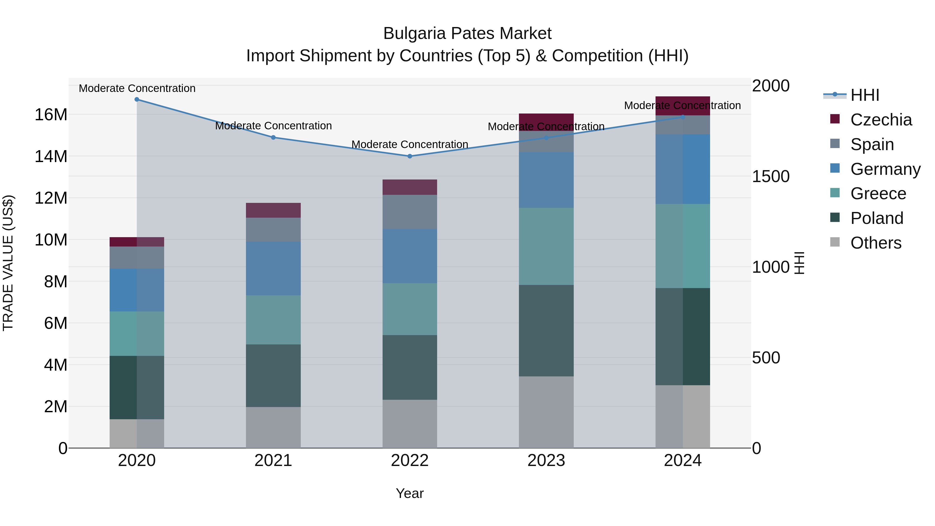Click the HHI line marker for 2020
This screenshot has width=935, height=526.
(x=137, y=99)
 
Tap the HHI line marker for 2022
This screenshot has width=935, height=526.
(x=410, y=156)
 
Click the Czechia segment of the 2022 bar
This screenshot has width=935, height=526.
(x=410, y=187)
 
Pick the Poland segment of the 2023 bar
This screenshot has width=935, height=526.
(x=546, y=331)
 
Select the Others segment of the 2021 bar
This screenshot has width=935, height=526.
(x=273, y=427)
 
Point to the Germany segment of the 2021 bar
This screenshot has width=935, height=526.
(x=273, y=269)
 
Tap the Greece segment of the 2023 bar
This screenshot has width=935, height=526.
(x=546, y=247)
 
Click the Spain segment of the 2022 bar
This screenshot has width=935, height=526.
(x=410, y=212)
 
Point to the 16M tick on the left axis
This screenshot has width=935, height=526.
(x=51, y=115)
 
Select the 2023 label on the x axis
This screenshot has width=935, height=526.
(x=546, y=461)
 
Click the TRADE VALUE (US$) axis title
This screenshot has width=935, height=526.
(x=8, y=263)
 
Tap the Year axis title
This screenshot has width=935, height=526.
(x=410, y=493)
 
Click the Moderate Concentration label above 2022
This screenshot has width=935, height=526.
(x=410, y=144)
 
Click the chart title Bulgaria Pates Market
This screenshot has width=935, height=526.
(x=467, y=34)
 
